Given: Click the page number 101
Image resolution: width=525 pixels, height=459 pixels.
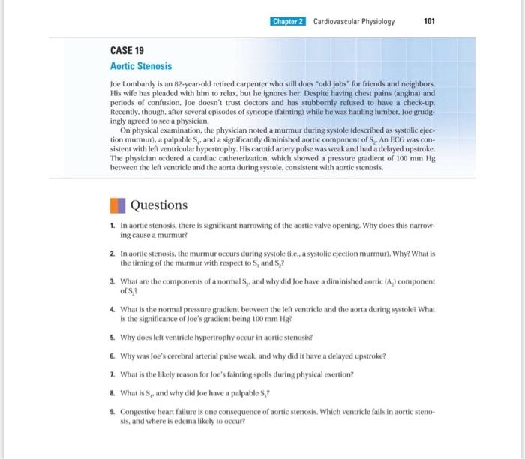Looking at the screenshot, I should (x=429, y=21).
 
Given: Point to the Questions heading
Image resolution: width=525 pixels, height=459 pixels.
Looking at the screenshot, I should (x=159, y=205).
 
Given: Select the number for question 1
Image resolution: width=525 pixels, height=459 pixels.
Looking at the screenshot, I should (x=112, y=225).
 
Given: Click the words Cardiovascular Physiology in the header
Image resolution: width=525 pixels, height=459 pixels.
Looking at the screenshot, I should (x=354, y=21).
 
